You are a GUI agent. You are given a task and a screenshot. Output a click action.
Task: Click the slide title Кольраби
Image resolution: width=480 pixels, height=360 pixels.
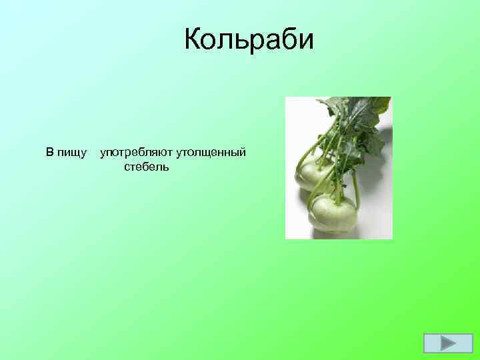click(x=248, y=41)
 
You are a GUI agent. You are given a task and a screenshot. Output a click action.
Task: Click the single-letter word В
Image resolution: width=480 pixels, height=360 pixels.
click(x=49, y=153)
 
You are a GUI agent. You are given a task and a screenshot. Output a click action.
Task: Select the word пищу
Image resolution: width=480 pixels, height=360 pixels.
click(x=73, y=153)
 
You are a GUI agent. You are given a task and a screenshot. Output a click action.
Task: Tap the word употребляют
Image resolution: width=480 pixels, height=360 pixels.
click(x=136, y=153)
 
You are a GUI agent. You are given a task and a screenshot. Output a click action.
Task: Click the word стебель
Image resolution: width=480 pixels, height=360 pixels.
click(x=146, y=166)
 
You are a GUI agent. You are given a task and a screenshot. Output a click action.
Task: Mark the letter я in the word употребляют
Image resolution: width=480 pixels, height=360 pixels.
click(x=157, y=153)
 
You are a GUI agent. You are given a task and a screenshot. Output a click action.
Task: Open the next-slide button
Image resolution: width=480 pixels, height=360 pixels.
click(x=439, y=343)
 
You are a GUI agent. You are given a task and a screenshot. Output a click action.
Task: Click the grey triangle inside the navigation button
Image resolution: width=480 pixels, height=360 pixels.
click(x=441, y=343)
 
